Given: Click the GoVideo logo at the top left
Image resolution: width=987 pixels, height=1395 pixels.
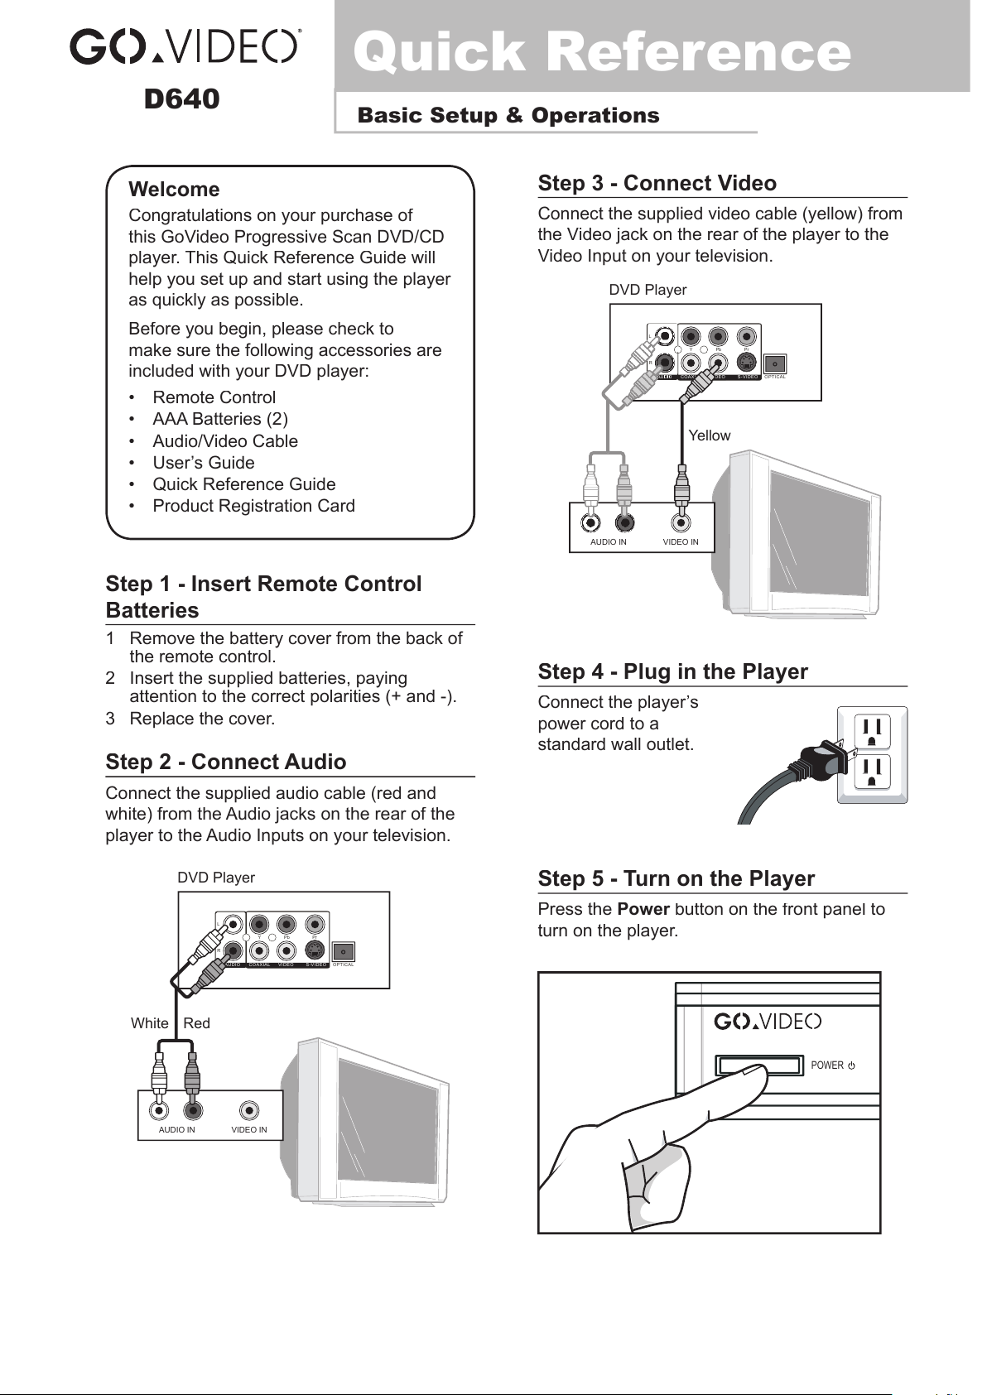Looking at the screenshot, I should [185, 46].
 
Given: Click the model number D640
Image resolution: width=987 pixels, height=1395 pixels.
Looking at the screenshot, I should [181, 99].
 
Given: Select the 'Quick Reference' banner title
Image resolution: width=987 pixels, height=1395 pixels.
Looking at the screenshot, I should [602, 51].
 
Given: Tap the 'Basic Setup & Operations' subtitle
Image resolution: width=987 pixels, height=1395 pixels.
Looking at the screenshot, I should [508, 116].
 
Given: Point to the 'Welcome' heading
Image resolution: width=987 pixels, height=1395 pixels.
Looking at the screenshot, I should [174, 190].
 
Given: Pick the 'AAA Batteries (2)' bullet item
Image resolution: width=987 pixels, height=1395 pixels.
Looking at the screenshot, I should [220, 420].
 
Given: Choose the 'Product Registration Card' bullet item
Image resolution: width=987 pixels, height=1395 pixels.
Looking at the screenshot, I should [253, 506].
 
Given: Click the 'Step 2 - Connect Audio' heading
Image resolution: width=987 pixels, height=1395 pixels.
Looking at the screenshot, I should [226, 762].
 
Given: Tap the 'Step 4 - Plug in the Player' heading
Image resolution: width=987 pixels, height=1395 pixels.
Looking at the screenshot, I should [672, 672].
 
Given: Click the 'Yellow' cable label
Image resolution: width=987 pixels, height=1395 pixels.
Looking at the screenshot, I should [710, 435].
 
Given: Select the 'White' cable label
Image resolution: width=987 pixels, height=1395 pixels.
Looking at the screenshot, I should [150, 1023].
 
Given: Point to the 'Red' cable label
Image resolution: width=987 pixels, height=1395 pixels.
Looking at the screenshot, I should [197, 1023].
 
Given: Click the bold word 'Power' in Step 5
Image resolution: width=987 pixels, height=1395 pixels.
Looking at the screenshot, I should [643, 910].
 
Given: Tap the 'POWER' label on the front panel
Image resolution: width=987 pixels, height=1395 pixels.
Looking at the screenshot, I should [827, 1065].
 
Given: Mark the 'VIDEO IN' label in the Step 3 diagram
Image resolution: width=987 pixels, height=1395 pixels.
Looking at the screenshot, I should [681, 542].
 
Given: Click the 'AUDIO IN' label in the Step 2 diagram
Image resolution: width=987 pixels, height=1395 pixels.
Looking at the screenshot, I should [177, 1130].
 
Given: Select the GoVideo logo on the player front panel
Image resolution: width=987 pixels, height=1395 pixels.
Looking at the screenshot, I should [768, 1022].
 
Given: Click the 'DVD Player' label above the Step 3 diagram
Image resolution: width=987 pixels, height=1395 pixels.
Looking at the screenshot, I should [648, 291].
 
